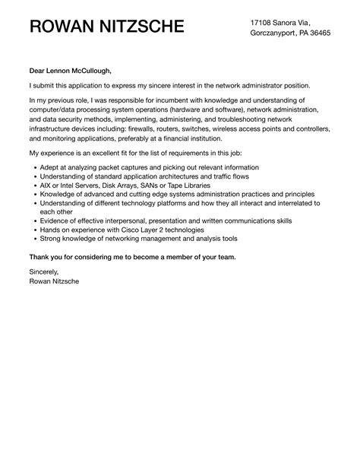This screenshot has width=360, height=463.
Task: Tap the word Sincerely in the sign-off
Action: [43, 271]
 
